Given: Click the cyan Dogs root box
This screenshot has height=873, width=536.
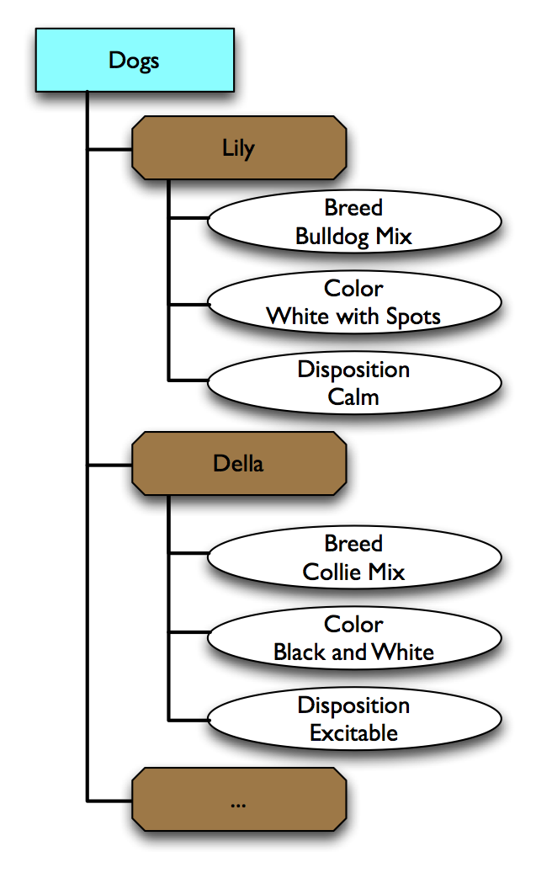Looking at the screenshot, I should coord(135,60).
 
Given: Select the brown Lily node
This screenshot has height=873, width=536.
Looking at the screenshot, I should coord(239,148).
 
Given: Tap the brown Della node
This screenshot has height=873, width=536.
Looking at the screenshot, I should coord(239,463).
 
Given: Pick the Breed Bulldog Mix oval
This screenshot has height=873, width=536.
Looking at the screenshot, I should coord(353,222).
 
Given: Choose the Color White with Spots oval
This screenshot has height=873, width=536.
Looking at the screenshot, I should coord(353,303).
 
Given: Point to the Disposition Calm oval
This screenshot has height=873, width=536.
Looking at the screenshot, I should coord(353,383).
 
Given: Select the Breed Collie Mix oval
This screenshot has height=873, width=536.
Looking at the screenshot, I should coord(353,558).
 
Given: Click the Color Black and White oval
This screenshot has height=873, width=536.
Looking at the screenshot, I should coord(353,638).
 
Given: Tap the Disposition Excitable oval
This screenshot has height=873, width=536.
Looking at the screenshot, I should coord(353,719).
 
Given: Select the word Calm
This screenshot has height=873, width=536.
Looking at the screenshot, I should coord(353,397).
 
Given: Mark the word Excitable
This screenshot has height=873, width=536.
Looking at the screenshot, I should coord(353,733).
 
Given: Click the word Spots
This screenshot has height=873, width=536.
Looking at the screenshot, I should coord(413,317).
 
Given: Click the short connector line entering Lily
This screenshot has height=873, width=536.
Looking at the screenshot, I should coord(110,150).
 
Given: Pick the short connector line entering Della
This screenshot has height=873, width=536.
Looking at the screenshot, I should coord(110,465).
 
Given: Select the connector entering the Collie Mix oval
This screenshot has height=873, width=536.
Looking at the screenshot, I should coord(188,553).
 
